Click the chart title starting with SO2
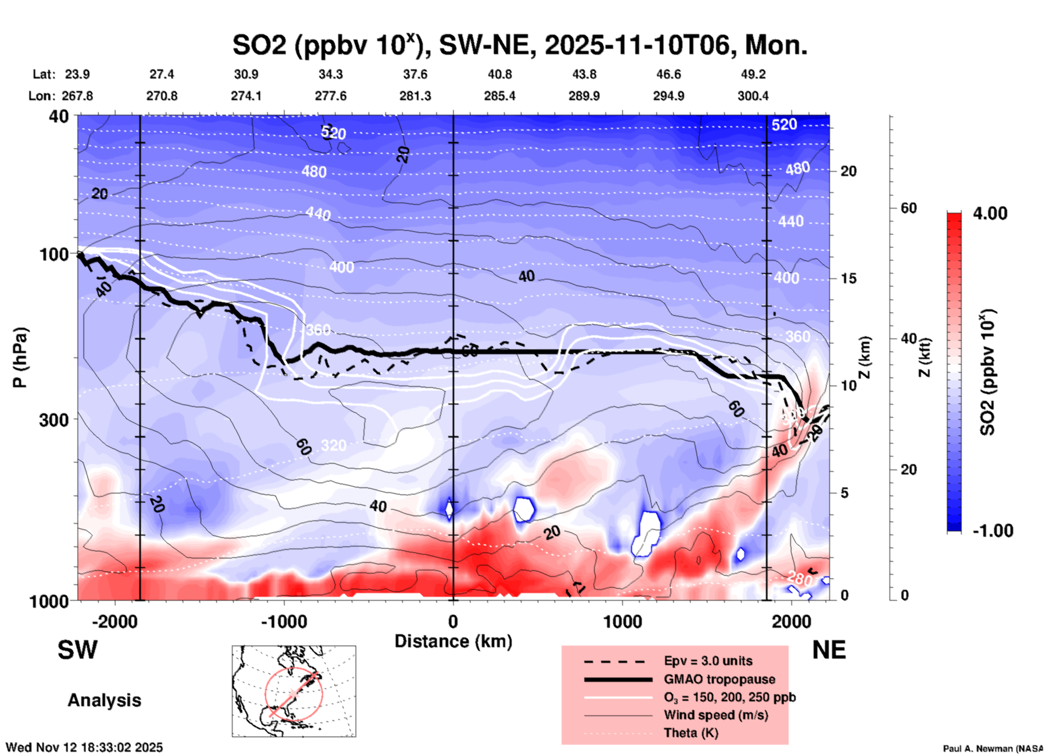point(519,45)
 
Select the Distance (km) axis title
point(453,641)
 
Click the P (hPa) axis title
point(20,357)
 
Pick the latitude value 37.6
point(415,74)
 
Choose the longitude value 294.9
point(668,96)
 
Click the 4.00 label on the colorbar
point(990,213)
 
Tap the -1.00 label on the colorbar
point(993,531)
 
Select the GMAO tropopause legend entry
point(719,679)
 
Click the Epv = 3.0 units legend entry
point(708,661)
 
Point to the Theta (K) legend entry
point(691,733)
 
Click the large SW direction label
point(78,650)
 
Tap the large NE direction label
point(829,650)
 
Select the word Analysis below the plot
point(104,700)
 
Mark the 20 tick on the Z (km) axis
point(848,172)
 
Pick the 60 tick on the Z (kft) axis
point(908,208)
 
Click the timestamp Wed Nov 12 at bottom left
point(84,747)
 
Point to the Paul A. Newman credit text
point(993,749)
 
